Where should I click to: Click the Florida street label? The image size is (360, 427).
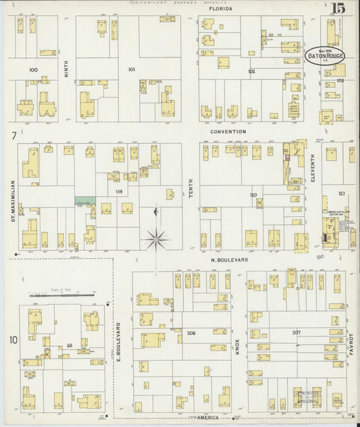(x=220, y=9)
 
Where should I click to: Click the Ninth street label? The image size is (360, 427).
(x=66, y=70)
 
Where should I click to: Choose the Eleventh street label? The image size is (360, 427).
(x=313, y=169)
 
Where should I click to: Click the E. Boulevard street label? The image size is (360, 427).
(x=119, y=341)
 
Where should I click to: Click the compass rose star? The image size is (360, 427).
(x=156, y=238)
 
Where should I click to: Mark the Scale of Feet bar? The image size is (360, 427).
(x=61, y=295)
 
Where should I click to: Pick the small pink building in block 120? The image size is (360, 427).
(x=286, y=157)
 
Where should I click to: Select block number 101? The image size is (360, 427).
(x=131, y=70)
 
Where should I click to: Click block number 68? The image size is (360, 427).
(x=69, y=345)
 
